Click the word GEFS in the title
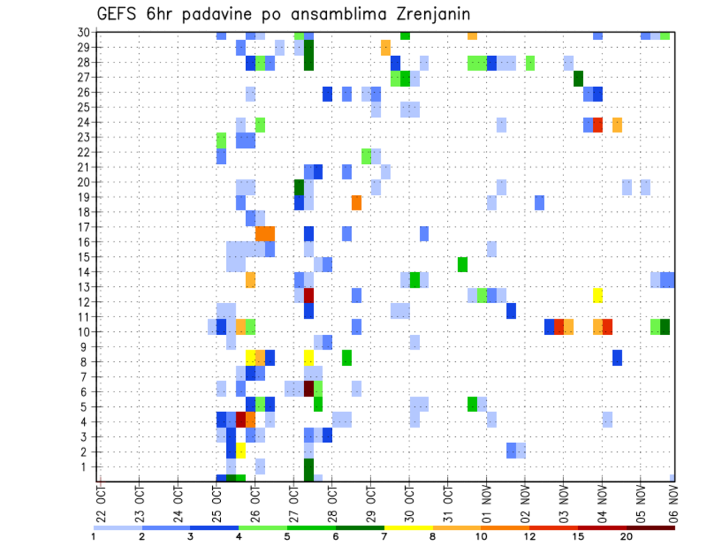tap(119, 14)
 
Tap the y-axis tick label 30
tap(84, 32)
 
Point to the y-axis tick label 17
tap(84, 227)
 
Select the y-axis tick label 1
tap(87, 467)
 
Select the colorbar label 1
tap(94, 536)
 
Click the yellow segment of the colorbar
tap(409, 528)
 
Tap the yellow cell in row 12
tap(598, 295)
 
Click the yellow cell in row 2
tap(241, 451)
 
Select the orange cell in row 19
tap(356, 202)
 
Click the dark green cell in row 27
tap(578, 78)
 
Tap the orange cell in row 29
tap(385, 48)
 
